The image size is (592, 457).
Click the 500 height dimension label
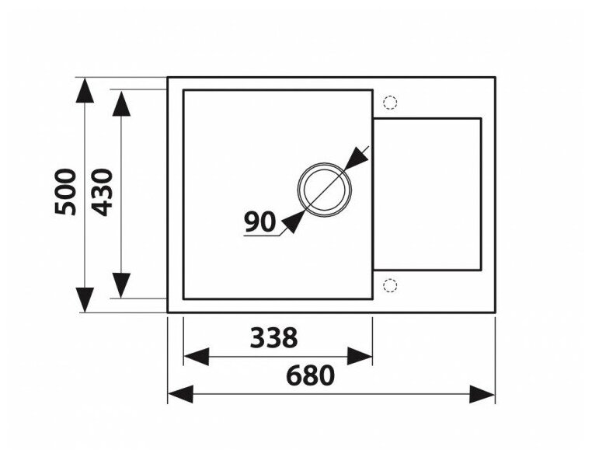(x=67, y=192)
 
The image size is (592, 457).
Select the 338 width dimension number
(x=273, y=337)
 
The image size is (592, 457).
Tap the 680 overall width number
(x=310, y=375)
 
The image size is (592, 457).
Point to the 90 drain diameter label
(x=259, y=222)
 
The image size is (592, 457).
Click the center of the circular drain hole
(x=324, y=190)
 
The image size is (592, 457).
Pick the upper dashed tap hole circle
(x=390, y=102)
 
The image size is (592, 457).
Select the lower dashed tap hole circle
(x=390, y=285)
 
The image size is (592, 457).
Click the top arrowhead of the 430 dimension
(x=121, y=103)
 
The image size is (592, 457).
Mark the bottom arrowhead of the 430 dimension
(x=121, y=284)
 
